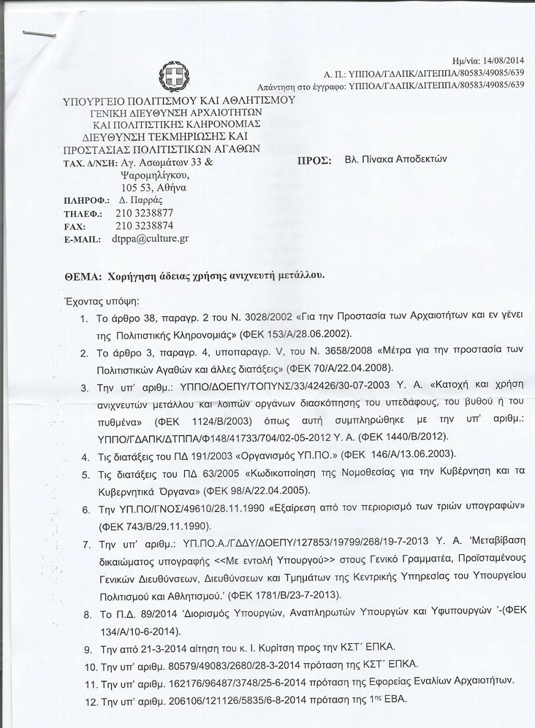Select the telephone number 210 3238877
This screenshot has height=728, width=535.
point(144,212)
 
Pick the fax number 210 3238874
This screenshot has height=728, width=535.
point(144,226)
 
